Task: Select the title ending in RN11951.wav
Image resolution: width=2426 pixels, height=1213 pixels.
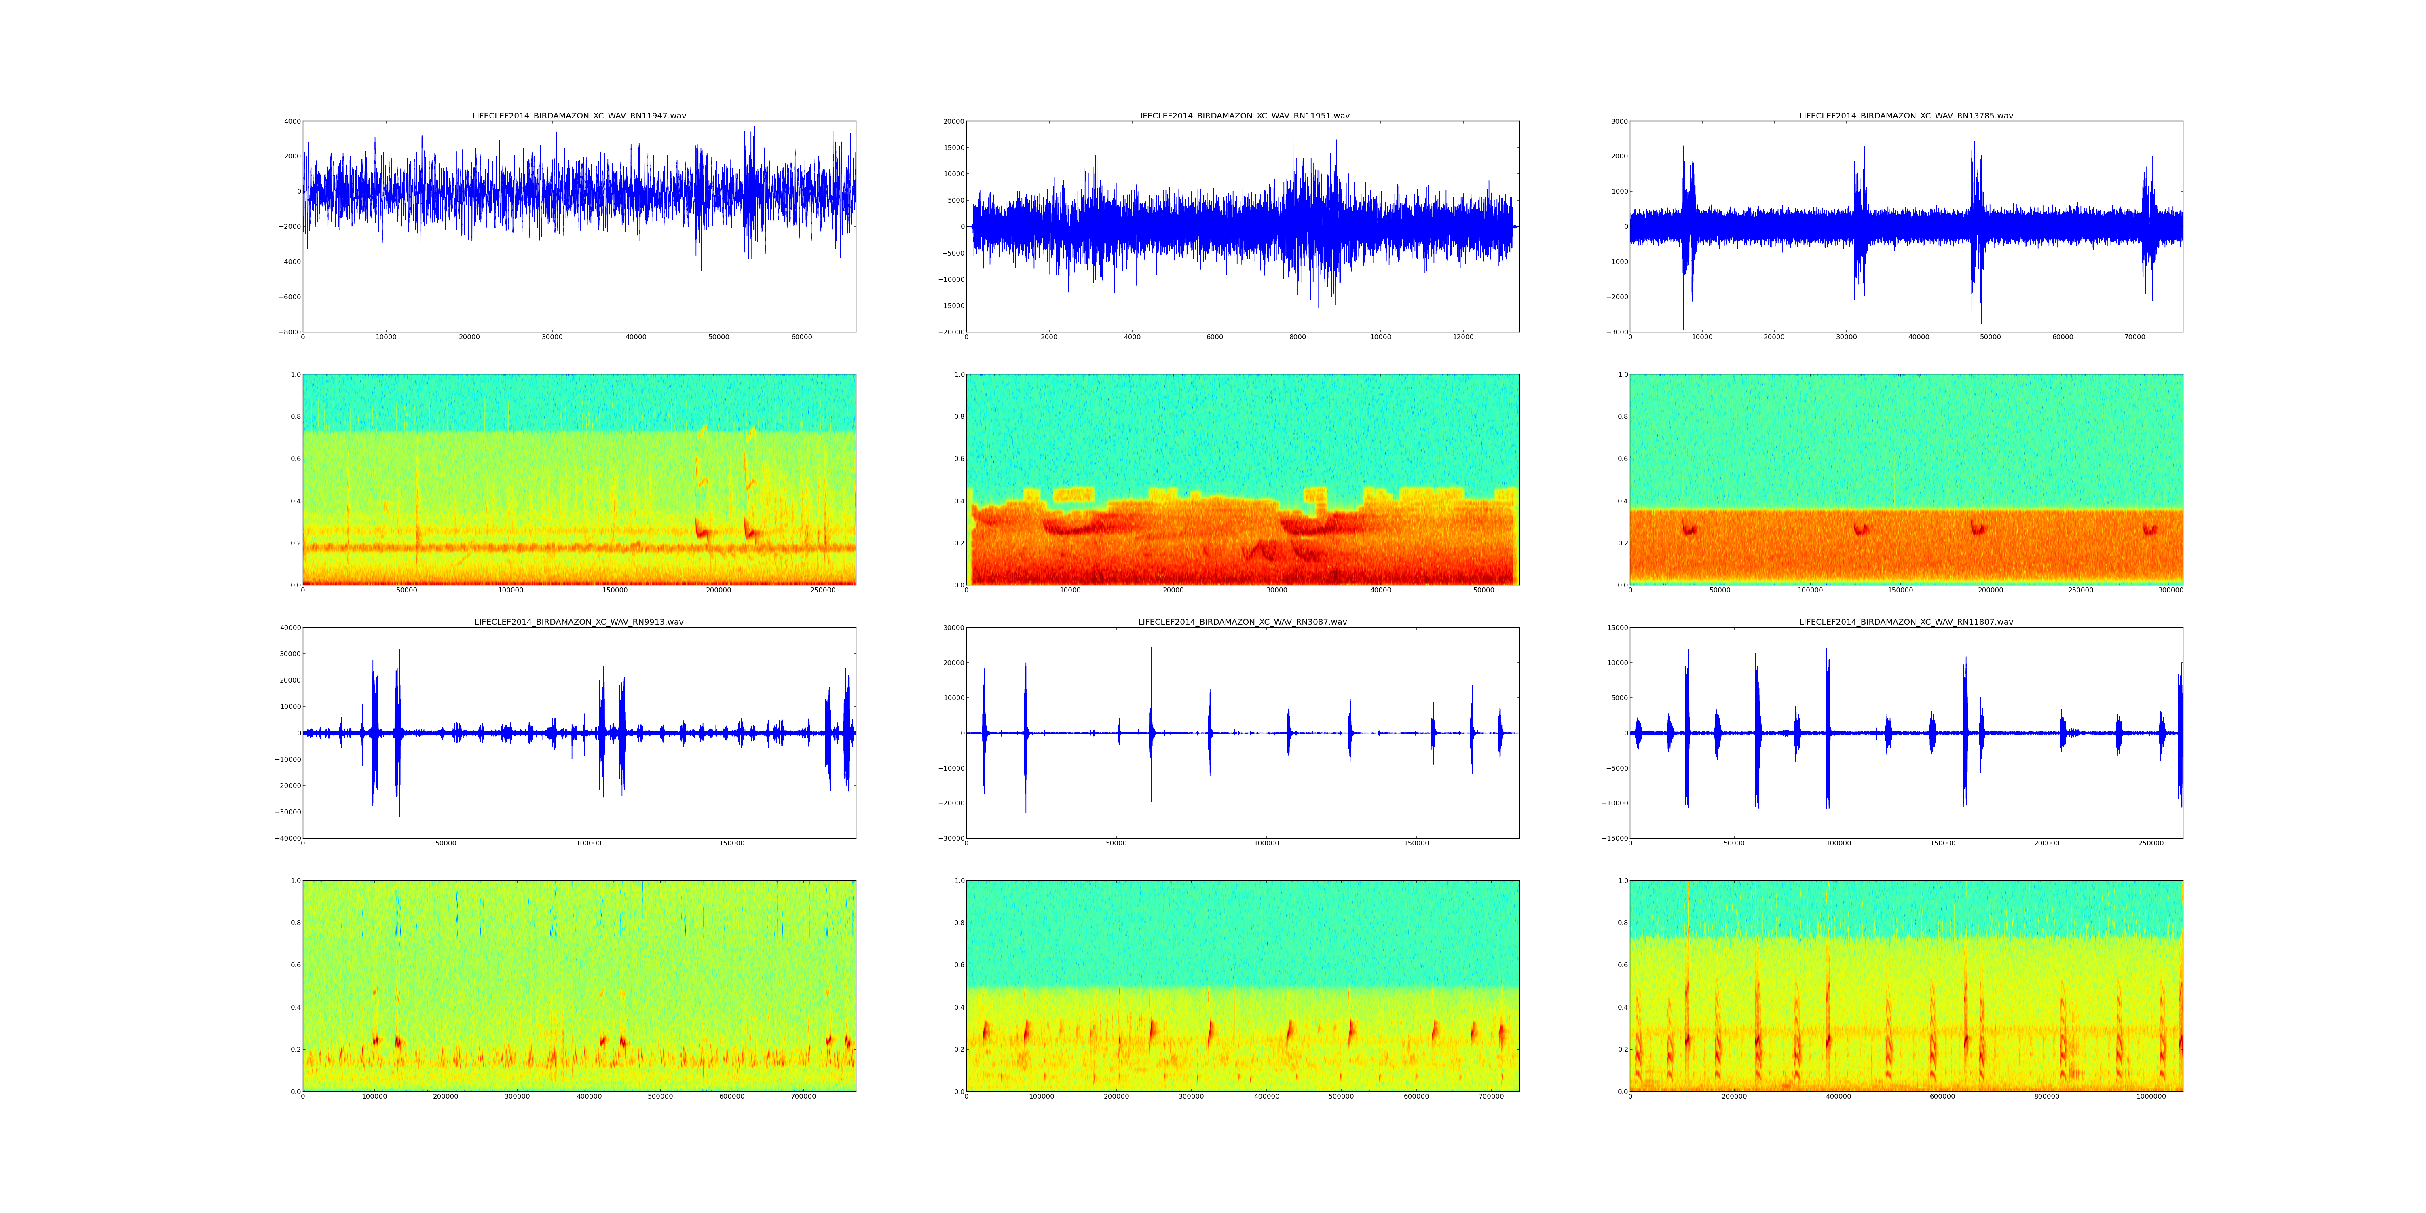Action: tap(1242, 116)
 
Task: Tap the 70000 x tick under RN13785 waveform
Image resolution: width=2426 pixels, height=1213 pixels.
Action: tap(2135, 337)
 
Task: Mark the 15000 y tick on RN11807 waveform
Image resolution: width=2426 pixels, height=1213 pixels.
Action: tap(1613, 627)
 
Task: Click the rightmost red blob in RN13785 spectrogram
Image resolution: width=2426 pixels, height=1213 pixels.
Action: tap(2149, 529)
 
